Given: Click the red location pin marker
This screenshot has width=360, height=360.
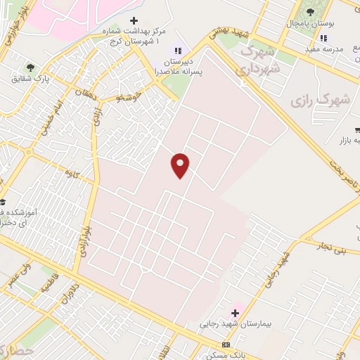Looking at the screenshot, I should coord(181,165).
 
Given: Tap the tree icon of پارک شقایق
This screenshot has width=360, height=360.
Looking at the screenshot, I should coord(29,67).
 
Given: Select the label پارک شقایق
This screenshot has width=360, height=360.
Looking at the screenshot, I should coord(27,78).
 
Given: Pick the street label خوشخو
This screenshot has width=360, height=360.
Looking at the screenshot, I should coord(130,96).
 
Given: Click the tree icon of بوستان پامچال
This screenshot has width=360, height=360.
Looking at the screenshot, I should coord(310,12).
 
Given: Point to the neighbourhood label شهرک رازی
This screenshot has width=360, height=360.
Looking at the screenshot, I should coord(320,101).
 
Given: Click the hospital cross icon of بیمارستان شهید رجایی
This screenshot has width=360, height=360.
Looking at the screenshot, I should coord(235,312).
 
